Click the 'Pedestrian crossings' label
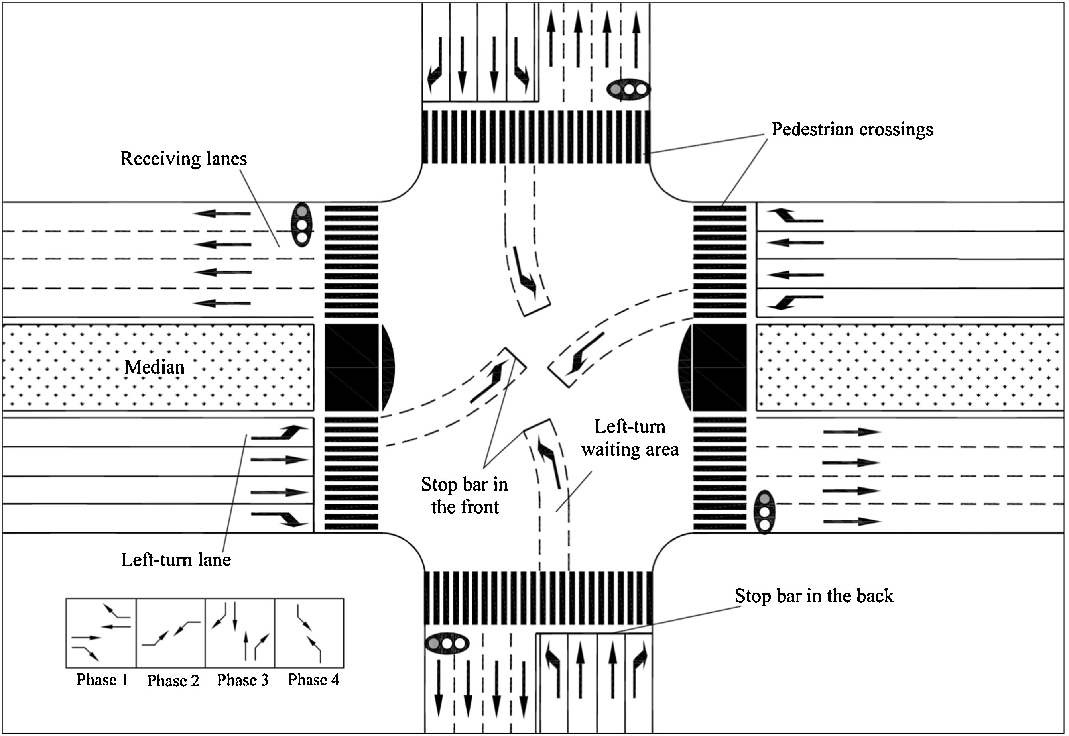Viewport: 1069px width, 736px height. (x=852, y=130)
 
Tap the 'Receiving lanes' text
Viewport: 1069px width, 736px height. (x=184, y=159)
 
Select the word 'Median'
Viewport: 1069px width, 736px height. (x=155, y=367)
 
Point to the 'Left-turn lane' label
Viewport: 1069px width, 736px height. (x=176, y=560)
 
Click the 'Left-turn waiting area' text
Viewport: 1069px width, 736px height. (x=630, y=438)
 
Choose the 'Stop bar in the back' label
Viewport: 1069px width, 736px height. (x=813, y=596)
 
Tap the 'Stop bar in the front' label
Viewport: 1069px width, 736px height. (x=464, y=496)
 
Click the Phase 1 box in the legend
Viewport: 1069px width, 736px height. (x=101, y=633)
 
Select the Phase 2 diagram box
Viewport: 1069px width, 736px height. (x=171, y=633)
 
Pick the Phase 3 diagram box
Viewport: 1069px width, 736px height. (x=240, y=633)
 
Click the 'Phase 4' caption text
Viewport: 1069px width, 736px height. (x=313, y=680)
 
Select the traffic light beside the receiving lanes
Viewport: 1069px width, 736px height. (x=302, y=225)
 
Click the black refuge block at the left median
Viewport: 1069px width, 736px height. (x=352, y=367)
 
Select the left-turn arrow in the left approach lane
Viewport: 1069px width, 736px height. (x=280, y=432)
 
